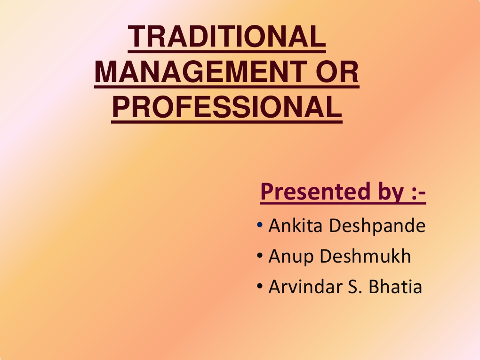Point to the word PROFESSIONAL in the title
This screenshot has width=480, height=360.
227,107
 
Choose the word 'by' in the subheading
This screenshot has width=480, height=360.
385,192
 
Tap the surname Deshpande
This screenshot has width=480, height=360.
377,227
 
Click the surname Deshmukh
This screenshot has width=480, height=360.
365,256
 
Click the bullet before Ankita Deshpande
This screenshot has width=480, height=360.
260,227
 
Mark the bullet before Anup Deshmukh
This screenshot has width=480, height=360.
260,257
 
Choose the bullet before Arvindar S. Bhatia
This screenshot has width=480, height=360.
260,287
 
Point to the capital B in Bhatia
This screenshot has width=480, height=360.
375,287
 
